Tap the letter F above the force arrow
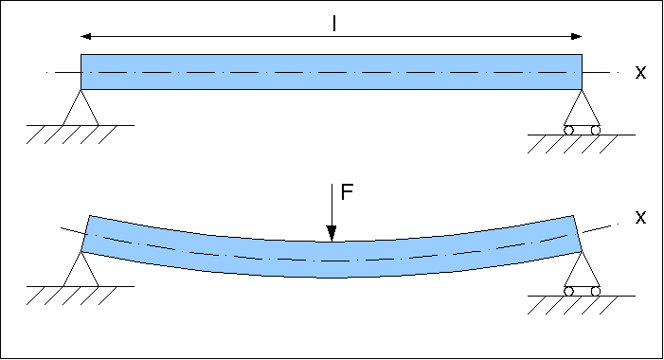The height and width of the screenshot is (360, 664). tap(347, 192)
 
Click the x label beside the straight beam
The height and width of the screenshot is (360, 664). tap(640, 72)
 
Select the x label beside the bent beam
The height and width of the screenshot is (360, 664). tap(640, 218)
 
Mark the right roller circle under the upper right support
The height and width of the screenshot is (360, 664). tap(596, 130)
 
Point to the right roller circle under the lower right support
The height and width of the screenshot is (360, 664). tap(596, 291)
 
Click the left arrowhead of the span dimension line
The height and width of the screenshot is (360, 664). tap(86, 37)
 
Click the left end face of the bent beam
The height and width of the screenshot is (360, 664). tap(84, 234)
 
